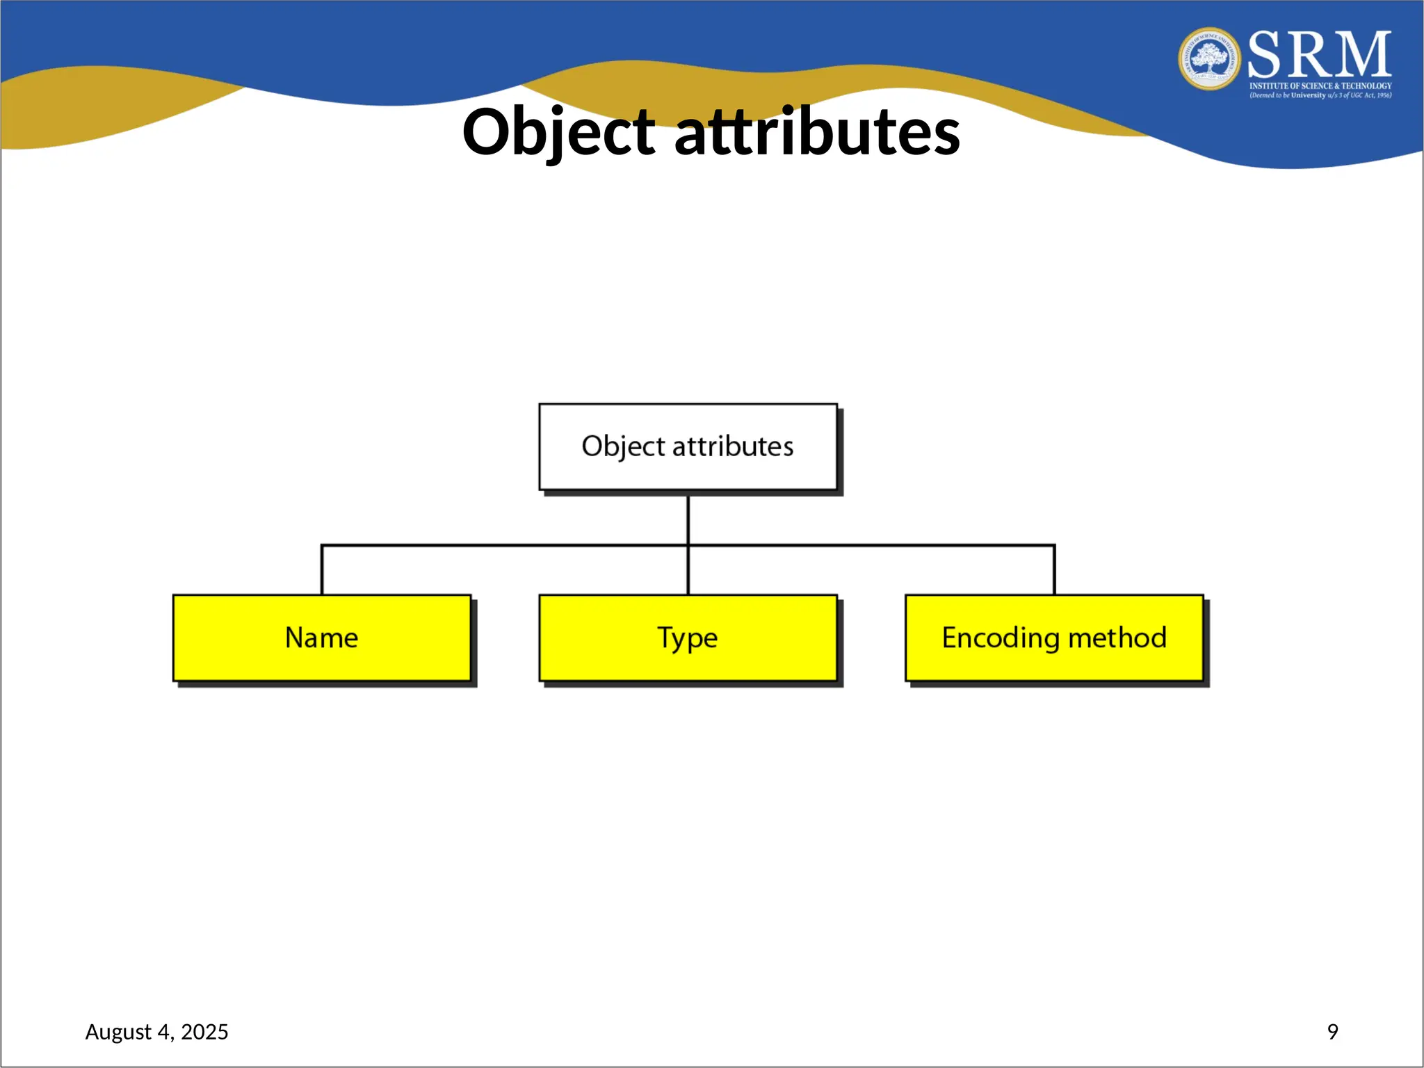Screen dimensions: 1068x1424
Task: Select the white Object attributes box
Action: (x=688, y=447)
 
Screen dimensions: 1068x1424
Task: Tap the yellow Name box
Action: (x=322, y=638)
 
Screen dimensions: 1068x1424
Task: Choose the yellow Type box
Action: (x=688, y=638)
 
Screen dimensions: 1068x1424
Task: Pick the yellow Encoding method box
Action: (x=1054, y=638)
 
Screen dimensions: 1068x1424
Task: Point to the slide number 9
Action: (x=1332, y=1031)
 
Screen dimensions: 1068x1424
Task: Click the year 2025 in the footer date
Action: (x=204, y=1032)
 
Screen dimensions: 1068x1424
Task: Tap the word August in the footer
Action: (x=118, y=1032)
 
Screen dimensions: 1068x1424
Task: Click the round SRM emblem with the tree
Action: (x=1210, y=58)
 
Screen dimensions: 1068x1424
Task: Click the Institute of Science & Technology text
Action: (x=1320, y=86)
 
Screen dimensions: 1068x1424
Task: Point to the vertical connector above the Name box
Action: (x=322, y=570)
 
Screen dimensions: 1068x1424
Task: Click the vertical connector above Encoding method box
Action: (x=1054, y=570)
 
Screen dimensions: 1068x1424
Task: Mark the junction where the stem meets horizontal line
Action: (x=688, y=546)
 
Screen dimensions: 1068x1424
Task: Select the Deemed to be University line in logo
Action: (x=1320, y=95)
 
